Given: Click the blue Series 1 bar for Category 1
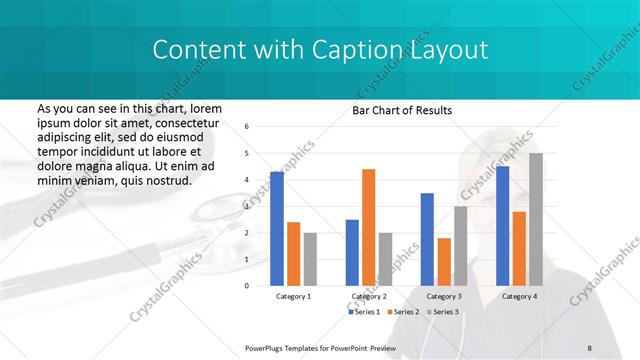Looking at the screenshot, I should (x=276, y=229).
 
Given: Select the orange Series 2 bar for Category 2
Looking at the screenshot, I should (x=368, y=227).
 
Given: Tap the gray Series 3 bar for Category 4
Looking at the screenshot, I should (x=536, y=219).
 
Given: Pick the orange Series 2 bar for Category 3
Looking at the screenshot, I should (x=444, y=262).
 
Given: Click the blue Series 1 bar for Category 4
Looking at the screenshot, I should (x=502, y=226).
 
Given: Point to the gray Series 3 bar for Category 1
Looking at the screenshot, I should (x=310, y=259).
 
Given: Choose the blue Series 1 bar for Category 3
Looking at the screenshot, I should (x=427, y=239).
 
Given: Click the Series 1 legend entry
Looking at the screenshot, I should (x=366, y=312).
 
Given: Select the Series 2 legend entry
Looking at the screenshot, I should (x=403, y=312).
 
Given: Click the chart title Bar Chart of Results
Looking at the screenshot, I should (x=402, y=110).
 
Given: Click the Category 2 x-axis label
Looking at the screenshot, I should (x=368, y=297).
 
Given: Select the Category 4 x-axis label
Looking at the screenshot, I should (x=518, y=297).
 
